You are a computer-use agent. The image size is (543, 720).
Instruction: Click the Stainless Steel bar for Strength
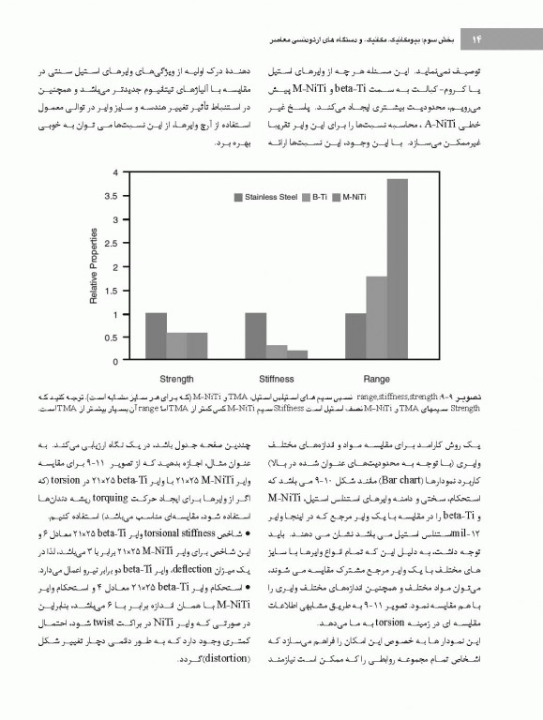tap(157, 337)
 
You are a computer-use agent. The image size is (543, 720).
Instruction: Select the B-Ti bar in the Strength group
tap(175, 346)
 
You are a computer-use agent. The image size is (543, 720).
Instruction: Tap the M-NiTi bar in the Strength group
tap(196, 346)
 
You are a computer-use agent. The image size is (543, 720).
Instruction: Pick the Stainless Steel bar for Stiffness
tap(256, 337)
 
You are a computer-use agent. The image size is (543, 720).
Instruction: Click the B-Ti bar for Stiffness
tap(276, 352)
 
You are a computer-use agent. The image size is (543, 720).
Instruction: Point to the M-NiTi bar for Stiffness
tap(296, 355)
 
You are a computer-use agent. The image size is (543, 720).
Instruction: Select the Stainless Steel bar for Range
tap(355, 337)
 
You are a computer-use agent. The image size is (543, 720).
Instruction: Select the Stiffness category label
tap(276, 379)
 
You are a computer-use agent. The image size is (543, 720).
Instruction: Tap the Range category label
tap(376, 379)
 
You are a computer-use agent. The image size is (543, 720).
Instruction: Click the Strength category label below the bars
tap(176, 379)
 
